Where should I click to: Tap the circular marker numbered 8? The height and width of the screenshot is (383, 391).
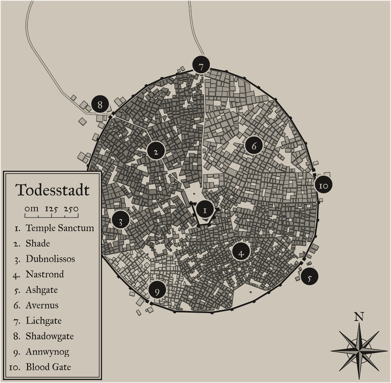[100, 105]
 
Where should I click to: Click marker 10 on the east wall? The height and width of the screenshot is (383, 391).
[323, 185]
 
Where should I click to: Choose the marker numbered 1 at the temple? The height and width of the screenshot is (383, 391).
[205, 210]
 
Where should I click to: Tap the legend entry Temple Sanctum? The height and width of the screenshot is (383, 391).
[60, 228]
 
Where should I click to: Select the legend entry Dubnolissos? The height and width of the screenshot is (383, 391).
[50, 259]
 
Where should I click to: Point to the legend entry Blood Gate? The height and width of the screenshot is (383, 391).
[48, 367]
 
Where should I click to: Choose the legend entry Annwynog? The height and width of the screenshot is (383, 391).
[47, 351]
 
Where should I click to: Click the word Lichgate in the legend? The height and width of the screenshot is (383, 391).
[43, 320]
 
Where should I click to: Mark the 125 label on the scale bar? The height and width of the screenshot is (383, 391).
[51, 209]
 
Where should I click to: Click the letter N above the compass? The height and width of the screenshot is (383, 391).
[359, 317]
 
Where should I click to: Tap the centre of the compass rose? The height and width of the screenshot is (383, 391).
[359, 351]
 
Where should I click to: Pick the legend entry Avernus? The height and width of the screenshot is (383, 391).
[42, 305]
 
